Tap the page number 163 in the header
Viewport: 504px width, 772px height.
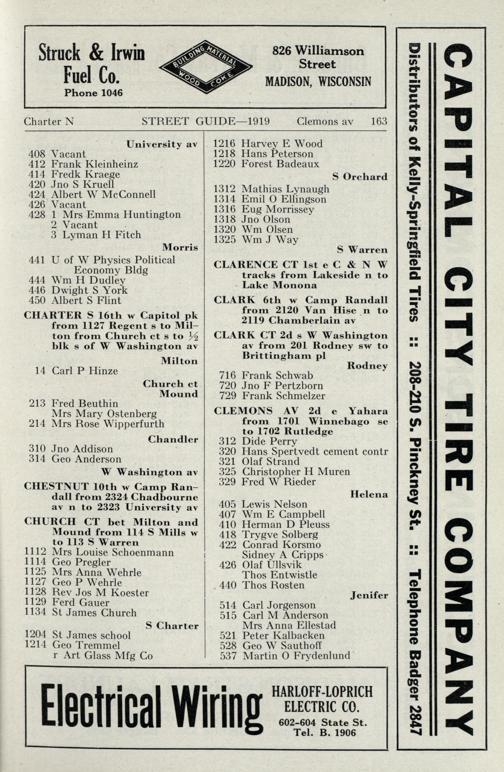[x=379, y=121]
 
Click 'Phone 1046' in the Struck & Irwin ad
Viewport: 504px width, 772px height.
[x=94, y=93]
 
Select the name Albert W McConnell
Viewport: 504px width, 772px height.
[x=103, y=194]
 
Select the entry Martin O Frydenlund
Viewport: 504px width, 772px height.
[x=296, y=744]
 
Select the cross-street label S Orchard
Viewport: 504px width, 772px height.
[x=360, y=177]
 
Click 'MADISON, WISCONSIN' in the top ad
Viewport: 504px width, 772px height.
[x=318, y=82]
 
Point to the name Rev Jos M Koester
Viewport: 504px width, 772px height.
[x=100, y=593]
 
